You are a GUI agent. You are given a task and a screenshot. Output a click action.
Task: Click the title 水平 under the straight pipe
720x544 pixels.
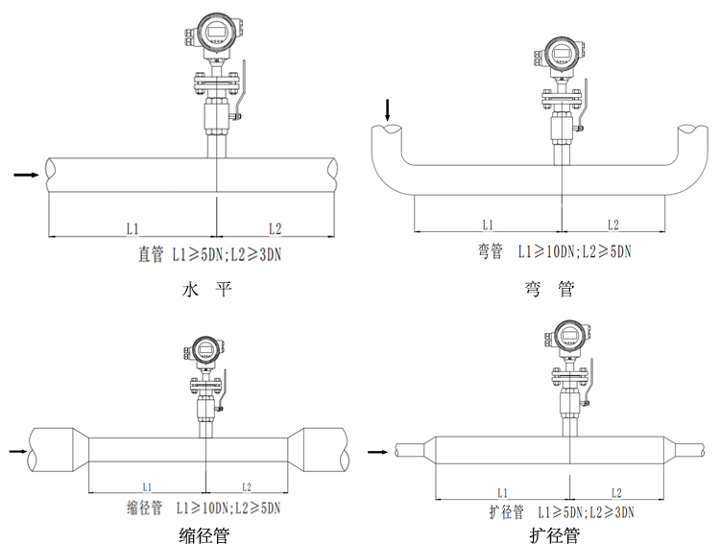[x=207, y=289]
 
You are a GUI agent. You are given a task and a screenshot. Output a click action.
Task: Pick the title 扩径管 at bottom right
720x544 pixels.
[x=554, y=534]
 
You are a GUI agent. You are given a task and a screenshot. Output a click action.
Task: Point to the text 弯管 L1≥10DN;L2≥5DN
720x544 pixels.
[x=554, y=252]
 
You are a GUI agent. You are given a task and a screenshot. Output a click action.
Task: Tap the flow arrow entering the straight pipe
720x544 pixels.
[x=26, y=176]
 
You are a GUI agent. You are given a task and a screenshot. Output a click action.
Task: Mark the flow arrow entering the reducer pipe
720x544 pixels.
[x=17, y=450]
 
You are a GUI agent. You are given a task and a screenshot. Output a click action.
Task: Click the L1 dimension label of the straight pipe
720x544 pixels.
[x=132, y=227]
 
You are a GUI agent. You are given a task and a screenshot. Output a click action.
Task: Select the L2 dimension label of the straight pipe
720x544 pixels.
[x=275, y=227]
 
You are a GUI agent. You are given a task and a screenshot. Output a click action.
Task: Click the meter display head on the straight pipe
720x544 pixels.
[x=219, y=34]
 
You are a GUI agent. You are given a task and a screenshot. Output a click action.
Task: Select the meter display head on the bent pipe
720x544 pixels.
[x=560, y=57]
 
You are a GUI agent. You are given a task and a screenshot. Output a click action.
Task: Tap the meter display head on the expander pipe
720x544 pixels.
[x=570, y=338]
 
